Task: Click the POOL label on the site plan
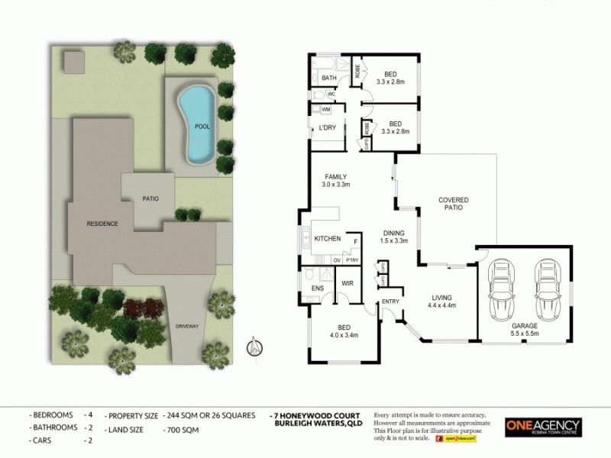202,127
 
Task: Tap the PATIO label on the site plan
150,198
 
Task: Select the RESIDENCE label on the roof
102,224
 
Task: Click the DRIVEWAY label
186,326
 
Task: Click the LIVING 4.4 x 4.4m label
441,302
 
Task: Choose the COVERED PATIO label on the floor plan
453,205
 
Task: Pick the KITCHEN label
328,239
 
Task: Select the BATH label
329,78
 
